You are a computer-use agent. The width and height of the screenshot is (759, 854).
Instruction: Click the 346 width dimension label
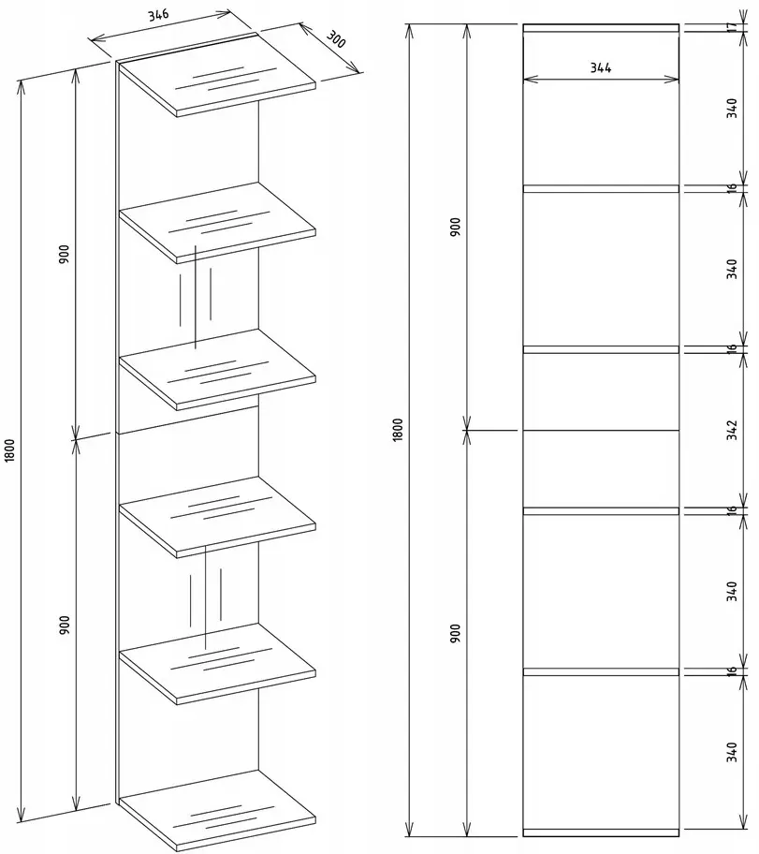tap(158, 14)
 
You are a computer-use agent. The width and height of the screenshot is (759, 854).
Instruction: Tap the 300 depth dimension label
tap(336, 39)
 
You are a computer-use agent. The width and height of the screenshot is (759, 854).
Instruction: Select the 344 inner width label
tap(601, 68)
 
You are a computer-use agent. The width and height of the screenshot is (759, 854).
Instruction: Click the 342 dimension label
tap(732, 430)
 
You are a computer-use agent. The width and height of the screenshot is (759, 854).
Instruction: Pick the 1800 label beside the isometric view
tap(9, 451)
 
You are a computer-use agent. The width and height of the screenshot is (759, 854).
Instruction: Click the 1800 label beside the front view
tap(398, 430)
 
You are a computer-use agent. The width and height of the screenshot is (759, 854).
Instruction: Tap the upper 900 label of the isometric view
tap(65, 255)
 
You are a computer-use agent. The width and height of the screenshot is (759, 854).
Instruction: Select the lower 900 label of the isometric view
tap(65, 626)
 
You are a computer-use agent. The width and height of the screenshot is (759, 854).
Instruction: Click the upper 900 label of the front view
tap(455, 227)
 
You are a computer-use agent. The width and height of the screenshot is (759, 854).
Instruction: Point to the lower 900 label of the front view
tap(455, 633)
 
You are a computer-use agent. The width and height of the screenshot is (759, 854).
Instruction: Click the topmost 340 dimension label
tap(732, 109)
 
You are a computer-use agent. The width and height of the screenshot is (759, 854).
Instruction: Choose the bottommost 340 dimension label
tap(732, 752)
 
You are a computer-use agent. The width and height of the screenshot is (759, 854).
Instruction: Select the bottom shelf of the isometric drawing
tap(217, 810)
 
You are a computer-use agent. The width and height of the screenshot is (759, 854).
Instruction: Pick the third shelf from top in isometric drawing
tap(217, 369)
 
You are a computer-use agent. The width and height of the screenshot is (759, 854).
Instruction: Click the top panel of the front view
tap(601, 28)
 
